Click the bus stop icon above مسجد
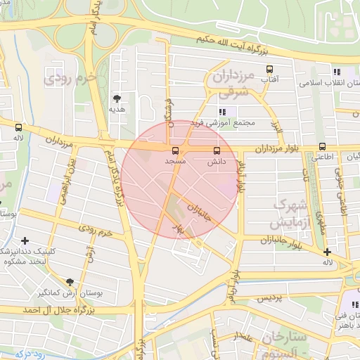click(x=175, y=150)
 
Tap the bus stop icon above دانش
click(x=216, y=150)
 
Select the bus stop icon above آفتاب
click(x=268, y=70)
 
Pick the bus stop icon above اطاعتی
click(x=323, y=146)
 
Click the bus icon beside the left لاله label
click(x=18, y=128)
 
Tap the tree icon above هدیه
click(x=117, y=98)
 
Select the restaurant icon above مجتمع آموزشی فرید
click(x=223, y=111)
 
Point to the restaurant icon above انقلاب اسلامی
click(x=336, y=72)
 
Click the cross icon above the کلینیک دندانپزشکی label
click(x=25, y=241)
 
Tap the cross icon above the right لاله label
click(x=327, y=252)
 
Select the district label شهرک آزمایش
click(x=292, y=213)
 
